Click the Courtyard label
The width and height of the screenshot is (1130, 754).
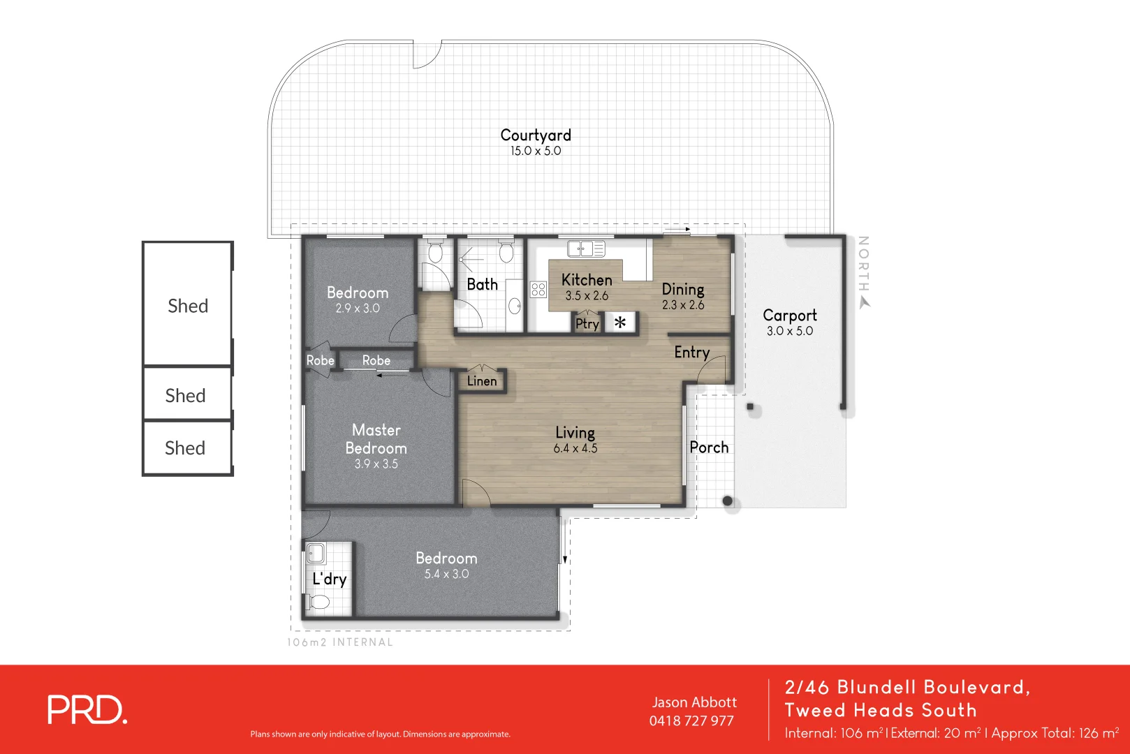(x=536, y=135)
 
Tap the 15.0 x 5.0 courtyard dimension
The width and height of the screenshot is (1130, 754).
(x=536, y=151)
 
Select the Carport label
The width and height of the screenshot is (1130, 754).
(x=789, y=315)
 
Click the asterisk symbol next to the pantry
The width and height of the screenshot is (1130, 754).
(x=620, y=323)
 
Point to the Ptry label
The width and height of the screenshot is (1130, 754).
(x=587, y=324)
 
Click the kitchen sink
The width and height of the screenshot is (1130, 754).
(x=586, y=248)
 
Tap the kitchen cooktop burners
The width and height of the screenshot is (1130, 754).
(x=538, y=289)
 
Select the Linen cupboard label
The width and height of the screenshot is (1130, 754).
(x=482, y=381)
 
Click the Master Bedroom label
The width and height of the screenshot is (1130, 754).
(x=376, y=438)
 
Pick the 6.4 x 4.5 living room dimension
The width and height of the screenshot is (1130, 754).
(x=575, y=449)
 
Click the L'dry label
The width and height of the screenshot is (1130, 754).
(x=329, y=579)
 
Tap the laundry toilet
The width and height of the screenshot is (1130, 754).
(x=318, y=603)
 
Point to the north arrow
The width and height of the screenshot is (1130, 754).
(x=865, y=302)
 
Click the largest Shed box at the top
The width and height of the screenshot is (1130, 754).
(x=187, y=304)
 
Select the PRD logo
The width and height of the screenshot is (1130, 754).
(x=87, y=710)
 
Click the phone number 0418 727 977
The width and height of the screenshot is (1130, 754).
(x=691, y=721)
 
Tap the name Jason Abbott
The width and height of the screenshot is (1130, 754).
(x=694, y=702)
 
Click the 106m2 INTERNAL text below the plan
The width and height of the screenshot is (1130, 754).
(x=340, y=642)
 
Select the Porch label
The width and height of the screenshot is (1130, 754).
(x=709, y=448)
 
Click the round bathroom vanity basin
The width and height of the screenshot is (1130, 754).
(x=515, y=306)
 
